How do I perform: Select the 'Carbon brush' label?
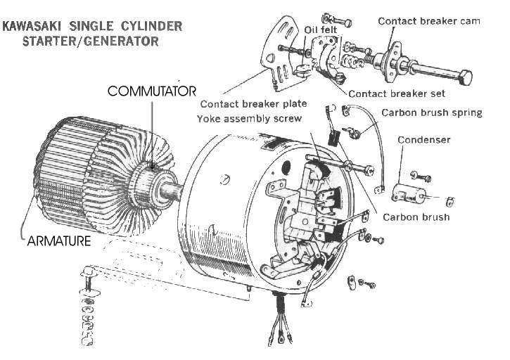pos(416,217)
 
